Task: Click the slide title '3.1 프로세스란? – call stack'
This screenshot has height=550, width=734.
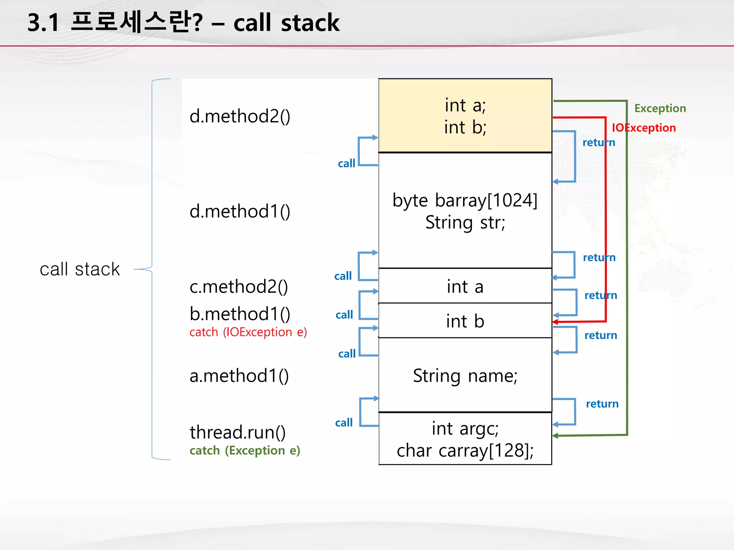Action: tap(183, 23)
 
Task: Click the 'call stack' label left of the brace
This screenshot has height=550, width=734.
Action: tap(80, 269)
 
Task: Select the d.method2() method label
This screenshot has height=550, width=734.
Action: tap(239, 116)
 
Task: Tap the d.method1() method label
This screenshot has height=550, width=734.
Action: tap(239, 211)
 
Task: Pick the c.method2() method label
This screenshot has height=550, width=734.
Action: tap(238, 286)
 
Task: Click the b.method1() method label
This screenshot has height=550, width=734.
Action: tap(239, 314)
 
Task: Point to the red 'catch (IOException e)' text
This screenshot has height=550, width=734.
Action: tap(248, 332)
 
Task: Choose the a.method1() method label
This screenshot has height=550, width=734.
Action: tap(239, 376)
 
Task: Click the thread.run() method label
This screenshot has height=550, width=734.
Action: tap(237, 432)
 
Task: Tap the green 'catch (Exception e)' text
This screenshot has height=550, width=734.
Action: tap(245, 450)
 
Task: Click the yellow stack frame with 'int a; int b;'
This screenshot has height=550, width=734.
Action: tap(465, 116)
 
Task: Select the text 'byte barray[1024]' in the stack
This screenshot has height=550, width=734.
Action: tap(465, 200)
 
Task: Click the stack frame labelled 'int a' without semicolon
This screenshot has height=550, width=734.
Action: tap(465, 286)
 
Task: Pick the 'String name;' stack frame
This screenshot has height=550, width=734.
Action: tap(465, 376)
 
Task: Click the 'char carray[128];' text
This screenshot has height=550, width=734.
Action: tap(465, 450)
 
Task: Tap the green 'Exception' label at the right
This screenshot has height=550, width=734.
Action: tap(660, 108)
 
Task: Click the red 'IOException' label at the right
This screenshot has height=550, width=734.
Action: tap(643, 127)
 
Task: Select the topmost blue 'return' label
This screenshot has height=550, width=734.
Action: tap(599, 142)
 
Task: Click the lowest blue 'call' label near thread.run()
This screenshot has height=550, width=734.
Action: tap(344, 423)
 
